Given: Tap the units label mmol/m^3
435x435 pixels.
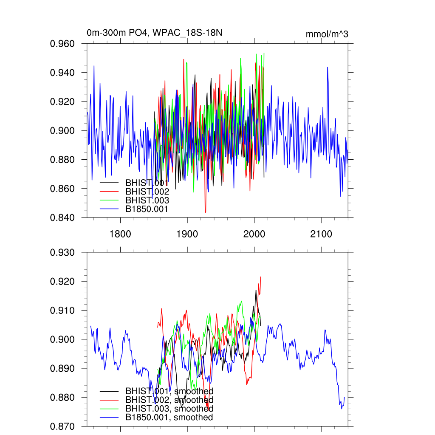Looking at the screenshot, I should click(x=327, y=34).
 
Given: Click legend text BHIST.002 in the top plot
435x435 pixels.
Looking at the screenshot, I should click(x=147, y=192).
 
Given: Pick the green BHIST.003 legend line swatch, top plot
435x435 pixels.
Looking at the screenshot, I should click(x=109, y=200).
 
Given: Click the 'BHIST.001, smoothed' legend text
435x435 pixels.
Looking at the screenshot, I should click(x=169, y=391).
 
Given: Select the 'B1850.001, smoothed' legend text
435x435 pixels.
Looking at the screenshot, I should click(x=169, y=417).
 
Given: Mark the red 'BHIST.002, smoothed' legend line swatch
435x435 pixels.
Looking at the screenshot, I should click(x=109, y=400).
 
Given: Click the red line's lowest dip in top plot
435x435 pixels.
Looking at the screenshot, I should click(x=205, y=212).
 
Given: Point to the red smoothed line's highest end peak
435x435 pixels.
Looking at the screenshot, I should click(x=260, y=277).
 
